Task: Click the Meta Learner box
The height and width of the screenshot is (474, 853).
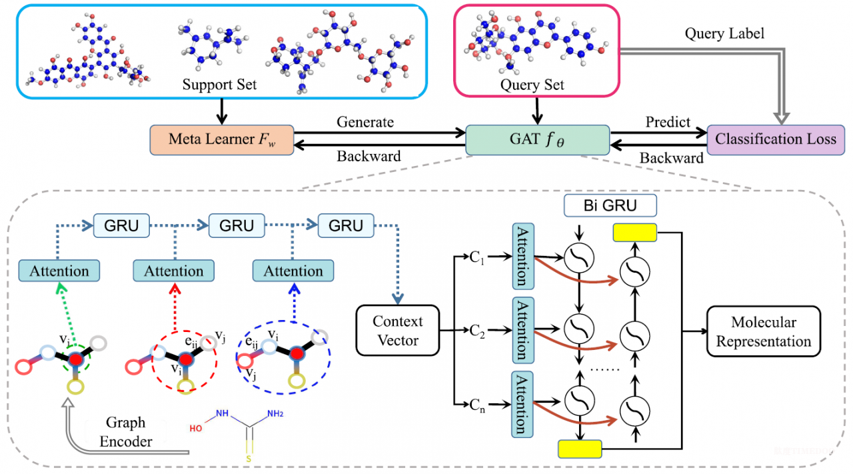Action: (221, 140)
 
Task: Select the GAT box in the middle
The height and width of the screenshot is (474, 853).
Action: (538, 140)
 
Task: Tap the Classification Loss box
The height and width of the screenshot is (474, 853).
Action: (775, 140)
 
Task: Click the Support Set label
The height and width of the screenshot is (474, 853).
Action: (220, 85)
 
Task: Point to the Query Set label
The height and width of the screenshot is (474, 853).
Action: (532, 85)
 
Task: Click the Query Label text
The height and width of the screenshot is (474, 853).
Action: (724, 33)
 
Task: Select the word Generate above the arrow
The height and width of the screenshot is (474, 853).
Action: (365, 123)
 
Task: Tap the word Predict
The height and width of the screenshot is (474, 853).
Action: (668, 123)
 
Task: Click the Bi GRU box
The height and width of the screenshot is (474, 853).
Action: (600, 205)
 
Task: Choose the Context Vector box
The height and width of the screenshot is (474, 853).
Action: (398, 331)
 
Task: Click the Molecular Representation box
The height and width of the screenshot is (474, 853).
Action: (764, 332)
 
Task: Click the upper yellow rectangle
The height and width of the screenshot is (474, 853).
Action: (634, 232)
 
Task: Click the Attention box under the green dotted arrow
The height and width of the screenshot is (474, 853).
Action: (59, 271)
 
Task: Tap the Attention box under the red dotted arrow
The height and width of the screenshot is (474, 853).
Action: (173, 271)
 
